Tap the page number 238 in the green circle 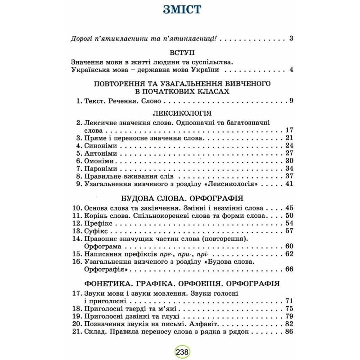tap(180, 351)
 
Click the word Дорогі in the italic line tap(84, 38)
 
